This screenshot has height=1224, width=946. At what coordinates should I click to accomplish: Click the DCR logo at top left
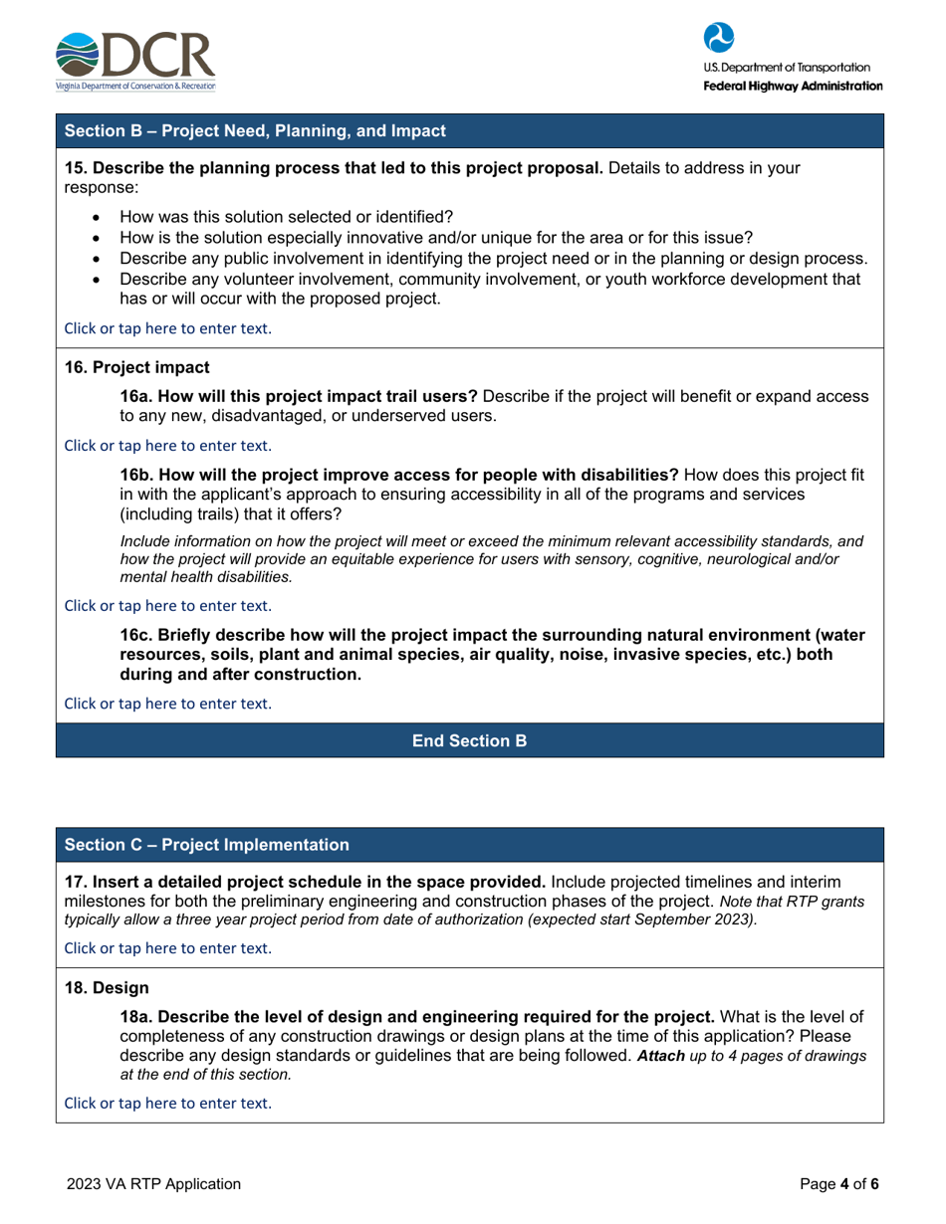[x=134, y=61]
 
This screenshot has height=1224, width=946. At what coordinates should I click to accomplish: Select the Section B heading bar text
[x=255, y=130]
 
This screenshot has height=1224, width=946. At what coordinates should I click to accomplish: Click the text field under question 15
[x=166, y=327]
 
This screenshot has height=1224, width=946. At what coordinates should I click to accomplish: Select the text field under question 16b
[x=166, y=604]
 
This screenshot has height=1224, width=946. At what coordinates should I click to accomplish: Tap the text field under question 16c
[x=166, y=703]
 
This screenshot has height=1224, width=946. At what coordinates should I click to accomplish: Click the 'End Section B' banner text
[x=469, y=740]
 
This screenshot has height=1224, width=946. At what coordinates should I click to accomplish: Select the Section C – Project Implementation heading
[x=207, y=845]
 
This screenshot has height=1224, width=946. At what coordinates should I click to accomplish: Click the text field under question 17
[x=166, y=947]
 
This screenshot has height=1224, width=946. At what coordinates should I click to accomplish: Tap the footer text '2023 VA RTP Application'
[x=153, y=1183]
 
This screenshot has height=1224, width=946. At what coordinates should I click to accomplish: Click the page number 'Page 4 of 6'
[x=840, y=1183]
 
